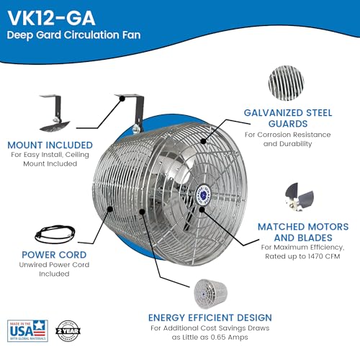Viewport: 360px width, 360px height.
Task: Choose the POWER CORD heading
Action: click(53, 253)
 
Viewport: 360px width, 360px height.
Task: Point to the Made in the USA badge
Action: click(27, 335)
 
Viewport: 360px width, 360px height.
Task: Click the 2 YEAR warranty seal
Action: click(67, 335)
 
